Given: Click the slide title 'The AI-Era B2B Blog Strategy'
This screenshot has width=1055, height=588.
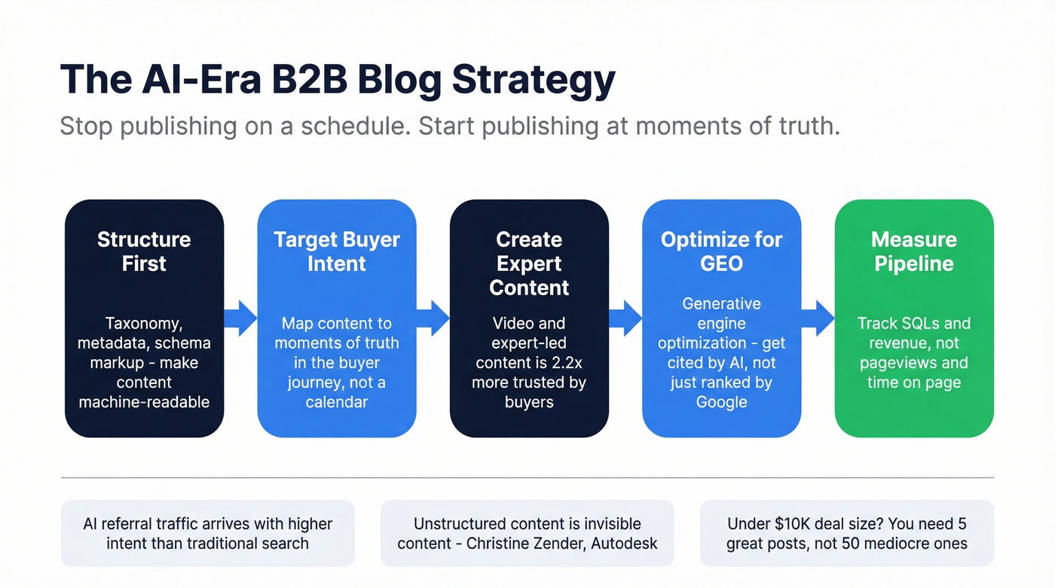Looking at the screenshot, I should click(338, 79).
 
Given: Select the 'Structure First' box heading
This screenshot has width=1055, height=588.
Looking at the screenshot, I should click(144, 251).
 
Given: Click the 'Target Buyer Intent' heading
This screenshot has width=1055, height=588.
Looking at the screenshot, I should click(337, 251).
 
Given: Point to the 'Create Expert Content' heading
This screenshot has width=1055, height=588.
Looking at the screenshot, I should click(529, 264).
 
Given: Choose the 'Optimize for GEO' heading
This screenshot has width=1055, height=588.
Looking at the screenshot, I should click(721, 251).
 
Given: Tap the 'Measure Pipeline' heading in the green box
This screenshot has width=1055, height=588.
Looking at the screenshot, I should click(913, 251).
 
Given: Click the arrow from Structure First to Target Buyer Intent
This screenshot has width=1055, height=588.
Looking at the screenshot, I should click(241, 318).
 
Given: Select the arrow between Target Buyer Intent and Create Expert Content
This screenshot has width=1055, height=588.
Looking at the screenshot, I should click(433, 318).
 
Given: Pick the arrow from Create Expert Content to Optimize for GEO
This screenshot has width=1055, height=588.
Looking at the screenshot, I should click(625, 318).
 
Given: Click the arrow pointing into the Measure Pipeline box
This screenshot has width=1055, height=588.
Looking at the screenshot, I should click(818, 318).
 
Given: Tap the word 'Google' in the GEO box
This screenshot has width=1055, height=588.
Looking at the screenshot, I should click(721, 402).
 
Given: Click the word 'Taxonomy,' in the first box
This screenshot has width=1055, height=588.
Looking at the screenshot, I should click(144, 324).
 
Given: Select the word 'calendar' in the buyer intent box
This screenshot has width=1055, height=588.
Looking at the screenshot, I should click(337, 402).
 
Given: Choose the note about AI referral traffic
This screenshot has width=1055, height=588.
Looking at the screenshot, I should click(207, 533).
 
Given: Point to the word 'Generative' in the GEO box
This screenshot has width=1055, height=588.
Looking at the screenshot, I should click(721, 304).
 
